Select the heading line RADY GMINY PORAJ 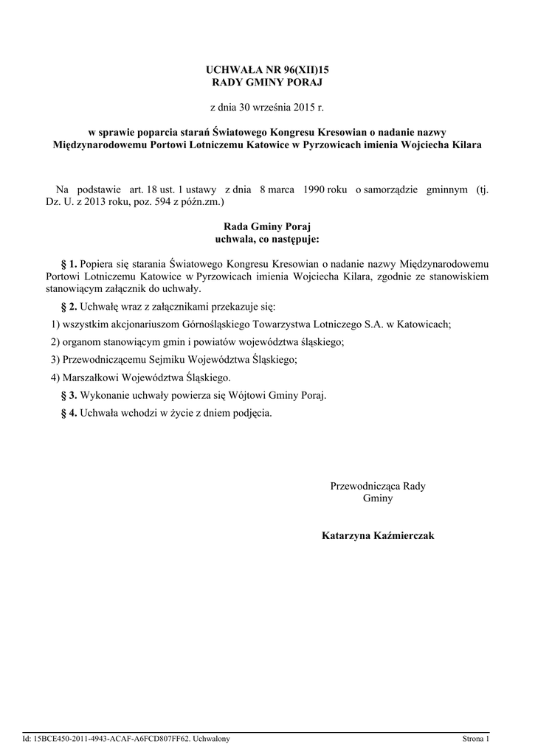coord(267,82)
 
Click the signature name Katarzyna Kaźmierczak coord(378,535)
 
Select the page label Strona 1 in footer coord(475,738)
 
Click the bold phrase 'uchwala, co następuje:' coord(267,239)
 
